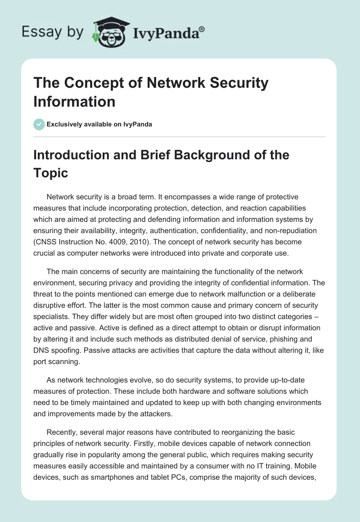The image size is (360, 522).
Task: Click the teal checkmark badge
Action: coord(39,124)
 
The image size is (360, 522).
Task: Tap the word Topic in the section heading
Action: coord(51,173)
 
